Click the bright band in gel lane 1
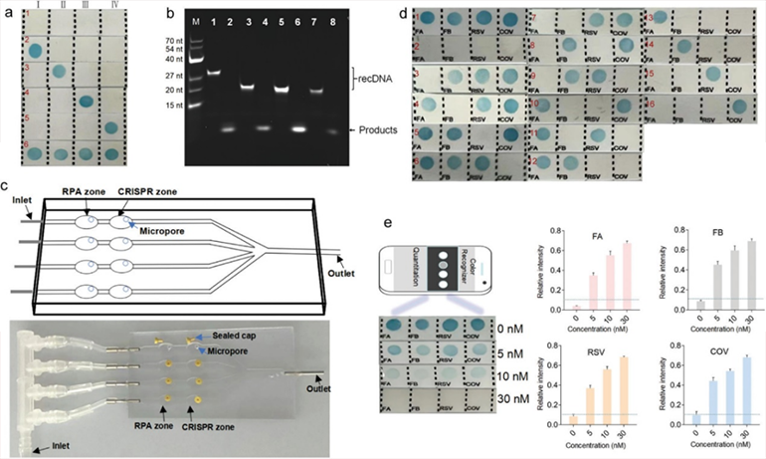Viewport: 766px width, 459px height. [215, 73]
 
